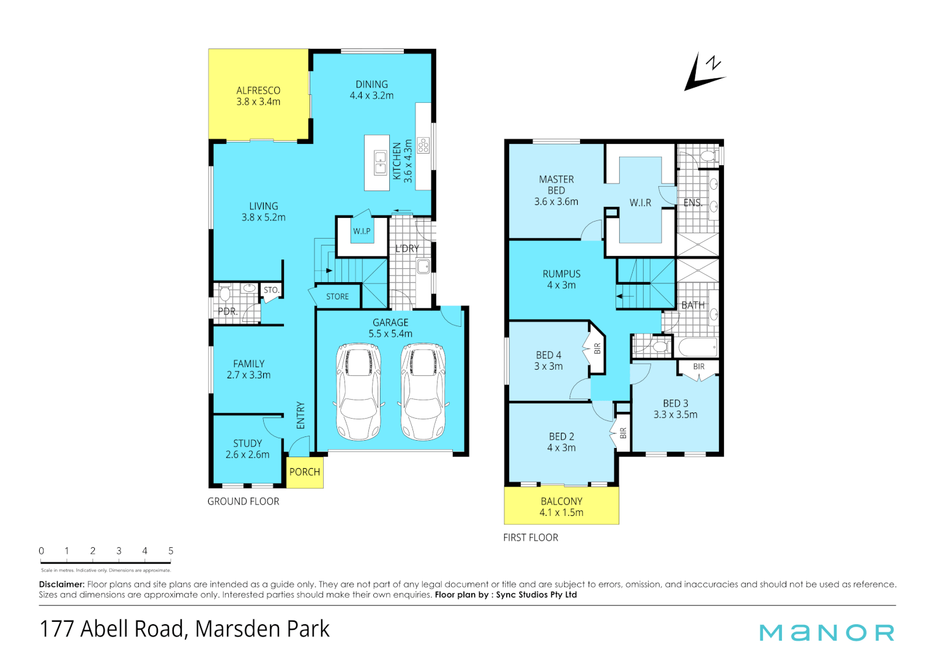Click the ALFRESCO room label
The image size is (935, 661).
pos(258,96)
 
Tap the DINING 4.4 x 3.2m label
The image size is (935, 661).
pos(371,90)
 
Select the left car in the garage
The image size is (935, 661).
pos(359,392)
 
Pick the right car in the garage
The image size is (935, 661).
pos(423,392)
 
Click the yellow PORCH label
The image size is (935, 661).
pos(305,472)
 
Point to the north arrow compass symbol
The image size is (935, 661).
pos(704,73)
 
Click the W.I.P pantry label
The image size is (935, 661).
pos(362,231)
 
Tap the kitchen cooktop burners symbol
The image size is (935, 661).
pos(423,145)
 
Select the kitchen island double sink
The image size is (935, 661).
pos(380,162)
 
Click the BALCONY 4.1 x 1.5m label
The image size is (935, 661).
pos(561,507)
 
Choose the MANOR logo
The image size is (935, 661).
pos(827,632)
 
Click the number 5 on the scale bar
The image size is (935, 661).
pos(171,551)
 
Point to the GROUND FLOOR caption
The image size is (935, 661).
pos(243,501)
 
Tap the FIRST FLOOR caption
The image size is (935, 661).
pos(531,537)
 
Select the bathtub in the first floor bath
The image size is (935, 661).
pos(698,348)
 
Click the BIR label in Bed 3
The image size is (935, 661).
pos(699,367)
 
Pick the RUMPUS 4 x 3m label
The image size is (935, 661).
pos(561,280)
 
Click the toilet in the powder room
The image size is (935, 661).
pos(225,294)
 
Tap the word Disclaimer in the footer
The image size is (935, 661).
pos(61,584)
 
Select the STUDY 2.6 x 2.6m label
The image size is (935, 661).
pos(247,449)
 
